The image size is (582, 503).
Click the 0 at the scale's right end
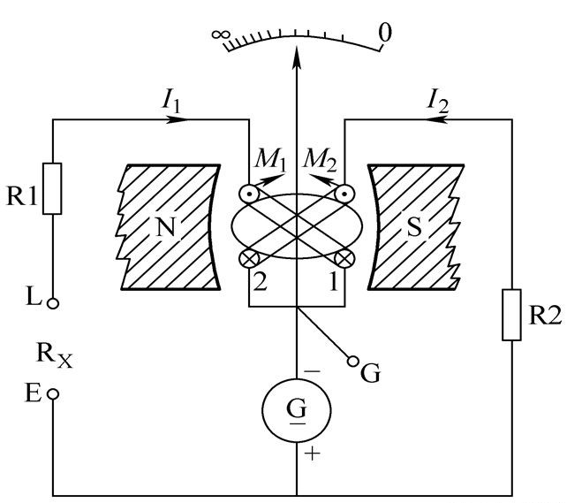tap(384, 34)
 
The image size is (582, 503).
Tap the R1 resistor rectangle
tap(53, 188)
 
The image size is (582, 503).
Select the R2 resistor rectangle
tap(512, 314)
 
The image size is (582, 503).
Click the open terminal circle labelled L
tap(53, 303)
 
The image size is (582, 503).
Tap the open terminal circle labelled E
tap(53, 394)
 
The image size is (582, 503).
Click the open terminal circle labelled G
tap(353, 361)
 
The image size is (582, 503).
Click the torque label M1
tap(265, 160)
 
